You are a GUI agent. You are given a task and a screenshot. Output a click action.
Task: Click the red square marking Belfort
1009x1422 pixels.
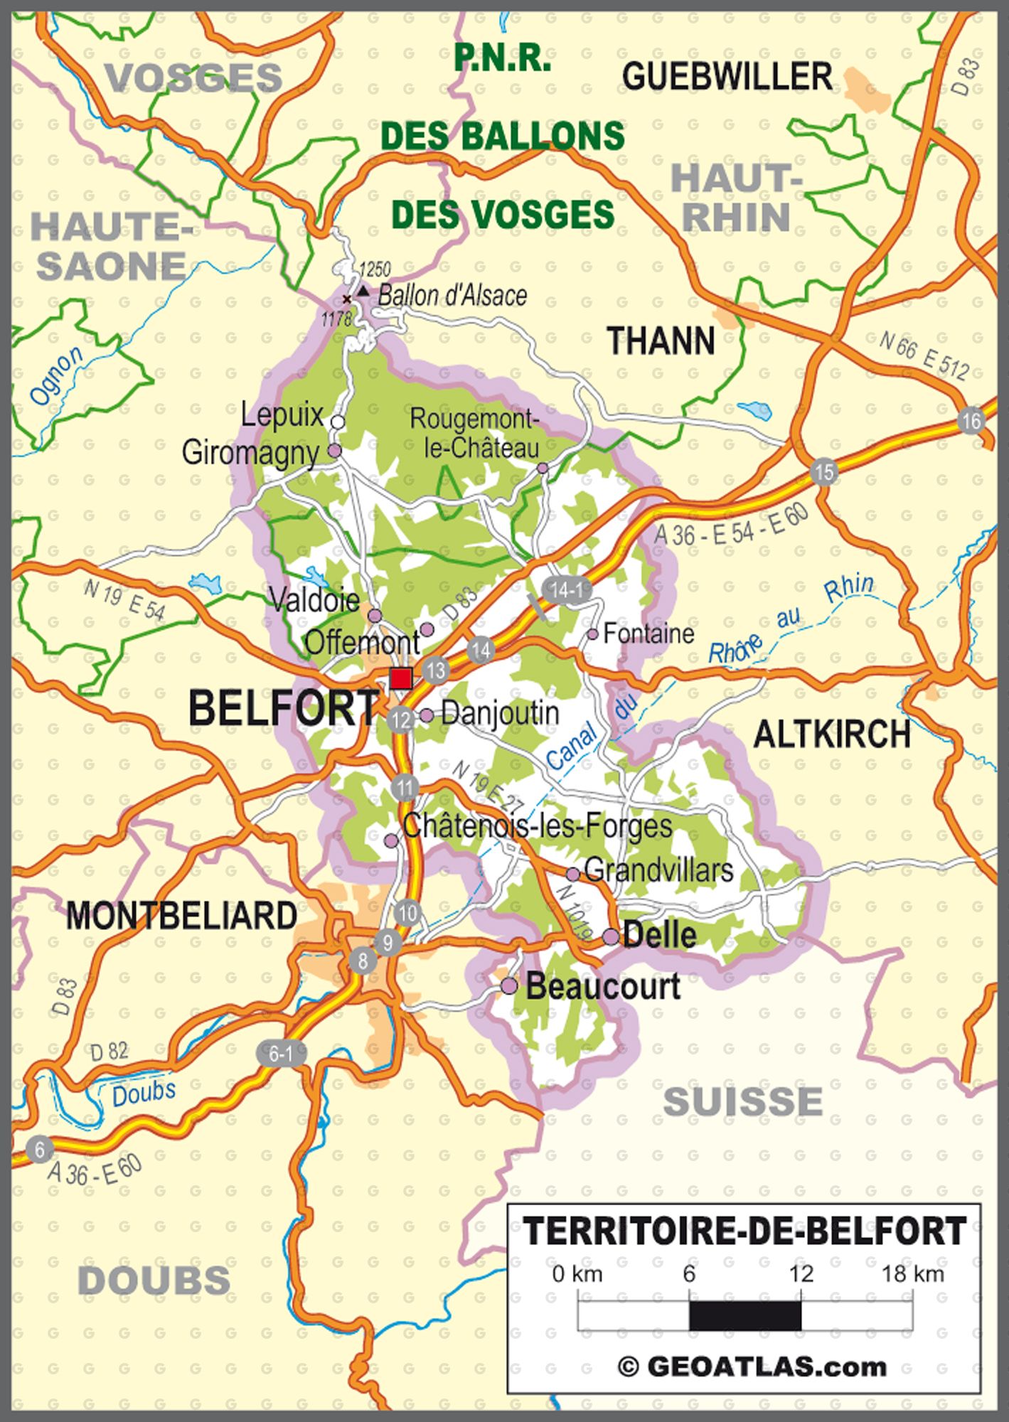pos(402,678)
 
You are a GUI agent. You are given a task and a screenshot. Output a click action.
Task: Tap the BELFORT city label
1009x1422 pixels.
pos(284,709)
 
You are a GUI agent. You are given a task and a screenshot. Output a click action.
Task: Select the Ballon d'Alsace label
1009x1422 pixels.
pos(452,295)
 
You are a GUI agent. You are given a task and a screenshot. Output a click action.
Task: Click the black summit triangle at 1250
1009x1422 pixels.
pos(363,291)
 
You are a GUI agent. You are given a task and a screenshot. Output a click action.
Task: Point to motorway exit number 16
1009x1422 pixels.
pos(971,421)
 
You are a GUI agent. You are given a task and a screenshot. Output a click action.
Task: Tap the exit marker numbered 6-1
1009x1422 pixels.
pos(281,1054)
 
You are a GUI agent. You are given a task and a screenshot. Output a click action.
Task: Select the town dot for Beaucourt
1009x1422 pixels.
pos(509,986)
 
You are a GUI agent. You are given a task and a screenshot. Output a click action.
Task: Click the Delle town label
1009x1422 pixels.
pos(659,936)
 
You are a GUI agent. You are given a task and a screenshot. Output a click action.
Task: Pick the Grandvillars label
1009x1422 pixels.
pos(658,870)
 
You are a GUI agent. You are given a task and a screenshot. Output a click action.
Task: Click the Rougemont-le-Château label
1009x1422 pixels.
pos(475,433)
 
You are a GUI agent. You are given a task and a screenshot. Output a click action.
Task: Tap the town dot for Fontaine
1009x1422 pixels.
pos(592,634)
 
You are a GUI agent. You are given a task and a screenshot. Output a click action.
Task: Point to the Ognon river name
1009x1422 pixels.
pos(56,377)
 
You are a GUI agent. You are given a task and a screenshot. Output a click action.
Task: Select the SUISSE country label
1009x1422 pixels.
pos(743,1102)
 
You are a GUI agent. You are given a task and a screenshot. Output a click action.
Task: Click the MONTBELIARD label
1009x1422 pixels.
pos(182,916)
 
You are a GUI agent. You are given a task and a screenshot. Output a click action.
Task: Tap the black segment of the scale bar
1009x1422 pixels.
pos(744,1316)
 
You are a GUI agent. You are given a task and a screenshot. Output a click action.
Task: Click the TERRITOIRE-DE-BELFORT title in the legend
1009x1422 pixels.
pos(744,1231)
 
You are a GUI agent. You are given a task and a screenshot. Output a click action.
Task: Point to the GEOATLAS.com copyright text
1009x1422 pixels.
pos(754,1367)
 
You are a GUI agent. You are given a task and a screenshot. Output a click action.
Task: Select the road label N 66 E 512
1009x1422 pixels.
pos(924,356)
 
